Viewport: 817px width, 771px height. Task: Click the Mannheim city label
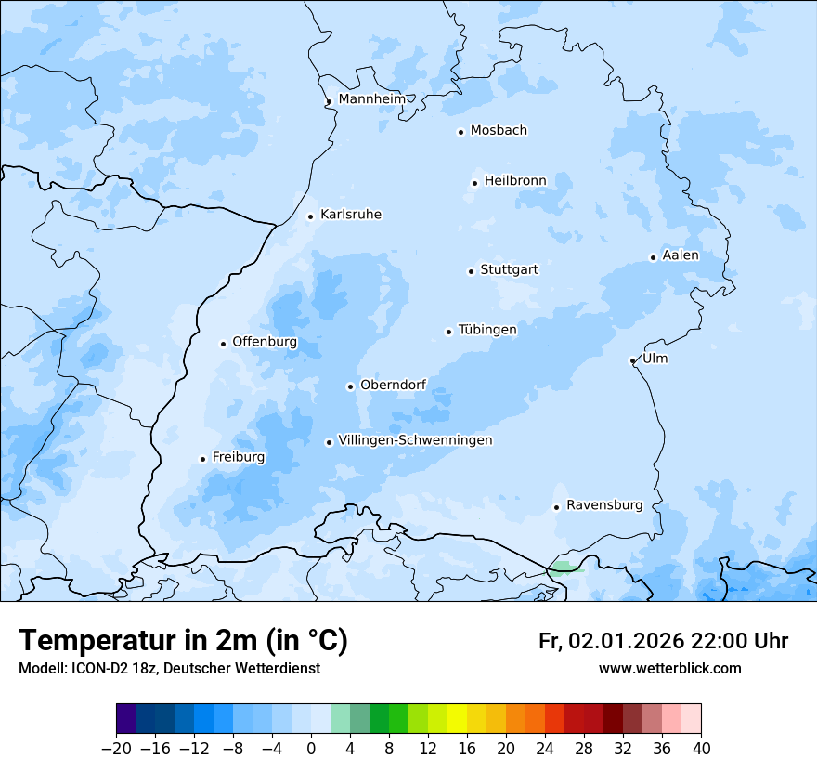pyautogui.click(x=371, y=99)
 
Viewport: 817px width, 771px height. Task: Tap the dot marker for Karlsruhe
pyautogui.click(x=311, y=216)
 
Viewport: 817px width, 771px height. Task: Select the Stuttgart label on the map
pyautogui.click(x=509, y=270)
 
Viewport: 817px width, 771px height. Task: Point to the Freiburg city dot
pyautogui.click(x=202, y=459)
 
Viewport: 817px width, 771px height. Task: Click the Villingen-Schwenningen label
pyautogui.click(x=415, y=440)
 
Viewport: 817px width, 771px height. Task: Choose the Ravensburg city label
pyautogui.click(x=603, y=505)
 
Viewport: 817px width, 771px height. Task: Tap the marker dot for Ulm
pyautogui.click(x=632, y=360)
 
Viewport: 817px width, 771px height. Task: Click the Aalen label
pyautogui.click(x=681, y=255)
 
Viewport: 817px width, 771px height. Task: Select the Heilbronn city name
pyautogui.click(x=515, y=181)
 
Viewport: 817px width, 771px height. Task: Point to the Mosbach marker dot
pyautogui.click(x=460, y=132)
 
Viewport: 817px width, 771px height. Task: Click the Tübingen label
pyautogui.click(x=487, y=330)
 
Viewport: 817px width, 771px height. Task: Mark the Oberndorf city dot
pyautogui.click(x=350, y=386)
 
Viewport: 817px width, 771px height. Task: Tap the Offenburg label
pyautogui.click(x=265, y=342)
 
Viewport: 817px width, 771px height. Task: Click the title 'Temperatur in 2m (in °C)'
pyautogui.click(x=184, y=640)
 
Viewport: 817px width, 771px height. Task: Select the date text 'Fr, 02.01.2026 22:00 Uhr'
pyautogui.click(x=663, y=641)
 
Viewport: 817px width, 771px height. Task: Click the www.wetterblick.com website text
pyautogui.click(x=669, y=668)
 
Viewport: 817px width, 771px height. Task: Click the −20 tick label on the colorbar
pyautogui.click(x=116, y=749)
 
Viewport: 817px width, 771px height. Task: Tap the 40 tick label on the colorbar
pyautogui.click(x=701, y=749)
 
